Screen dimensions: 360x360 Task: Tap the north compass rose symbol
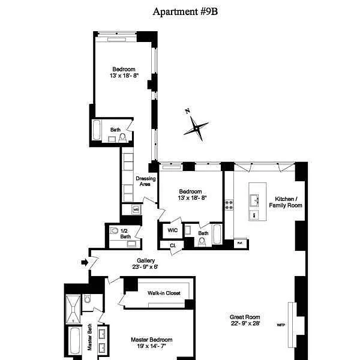(196, 127)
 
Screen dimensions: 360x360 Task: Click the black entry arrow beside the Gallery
(84, 262)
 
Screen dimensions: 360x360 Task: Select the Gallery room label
(146, 260)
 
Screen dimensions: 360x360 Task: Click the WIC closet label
(172, 230)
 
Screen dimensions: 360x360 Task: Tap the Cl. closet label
(172, 245)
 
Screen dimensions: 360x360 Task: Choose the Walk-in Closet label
(165, 293)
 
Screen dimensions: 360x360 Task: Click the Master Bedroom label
(151, 339)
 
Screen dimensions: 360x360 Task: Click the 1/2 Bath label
(125, 233)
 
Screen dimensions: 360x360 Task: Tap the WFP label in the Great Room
(280, 325)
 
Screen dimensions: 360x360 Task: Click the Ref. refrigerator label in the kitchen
(239, 243)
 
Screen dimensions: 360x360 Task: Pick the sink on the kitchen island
(254, 199)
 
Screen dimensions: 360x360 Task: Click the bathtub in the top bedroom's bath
(98, 130)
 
